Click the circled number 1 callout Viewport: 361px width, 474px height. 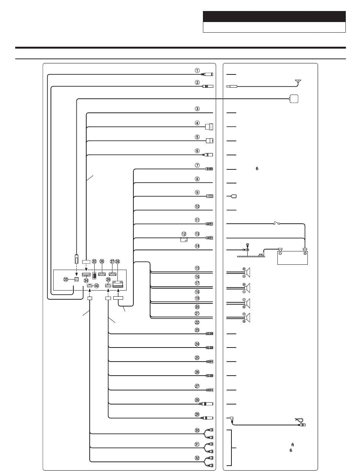tap(197, 70)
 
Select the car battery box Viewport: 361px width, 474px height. tap(293, 258)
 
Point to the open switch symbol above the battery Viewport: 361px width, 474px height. tap(277, 223)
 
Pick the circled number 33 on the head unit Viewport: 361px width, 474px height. tap(66, 279)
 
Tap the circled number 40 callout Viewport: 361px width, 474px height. tap(97, 286)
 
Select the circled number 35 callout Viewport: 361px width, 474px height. tap(94, 262)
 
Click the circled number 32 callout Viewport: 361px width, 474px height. tap(197, 458)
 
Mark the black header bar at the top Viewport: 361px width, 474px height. tap(274, 17)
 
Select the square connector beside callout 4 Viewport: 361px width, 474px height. tap(209, 126)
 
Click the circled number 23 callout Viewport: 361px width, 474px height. tap(197, 330)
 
